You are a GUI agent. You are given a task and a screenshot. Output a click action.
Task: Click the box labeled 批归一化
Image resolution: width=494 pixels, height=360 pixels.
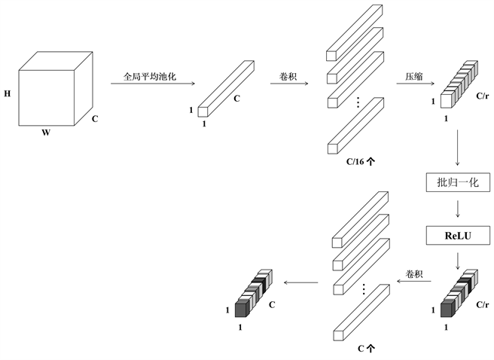458,182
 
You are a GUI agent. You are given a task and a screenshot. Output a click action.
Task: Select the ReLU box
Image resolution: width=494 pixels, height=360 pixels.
458,235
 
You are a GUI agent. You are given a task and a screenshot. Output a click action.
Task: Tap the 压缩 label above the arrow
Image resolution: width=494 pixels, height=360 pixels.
413,76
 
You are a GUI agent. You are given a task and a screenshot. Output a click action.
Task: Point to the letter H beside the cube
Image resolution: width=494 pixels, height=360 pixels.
8,94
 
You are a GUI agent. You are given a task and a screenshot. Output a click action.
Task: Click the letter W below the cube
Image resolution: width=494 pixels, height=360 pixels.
46,133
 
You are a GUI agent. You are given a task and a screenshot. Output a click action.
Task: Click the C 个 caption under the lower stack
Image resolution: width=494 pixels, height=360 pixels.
366,349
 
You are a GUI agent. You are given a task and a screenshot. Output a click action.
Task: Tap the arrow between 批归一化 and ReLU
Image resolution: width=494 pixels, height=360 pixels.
458,209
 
